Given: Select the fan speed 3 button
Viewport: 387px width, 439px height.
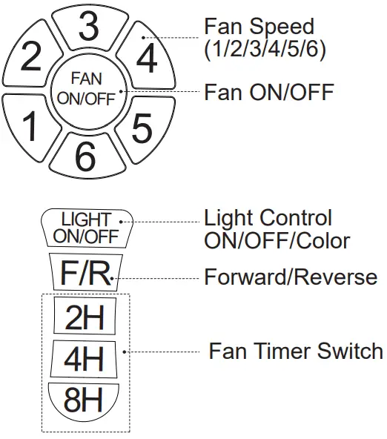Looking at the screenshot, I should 88,27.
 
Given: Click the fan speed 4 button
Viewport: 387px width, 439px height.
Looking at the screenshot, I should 147,57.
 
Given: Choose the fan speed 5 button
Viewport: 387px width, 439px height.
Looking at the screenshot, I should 142,128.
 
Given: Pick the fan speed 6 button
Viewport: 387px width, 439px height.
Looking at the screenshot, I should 86,155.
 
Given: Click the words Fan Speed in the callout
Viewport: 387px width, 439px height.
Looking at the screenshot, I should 259,27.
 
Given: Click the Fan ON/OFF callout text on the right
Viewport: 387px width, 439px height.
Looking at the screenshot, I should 268,92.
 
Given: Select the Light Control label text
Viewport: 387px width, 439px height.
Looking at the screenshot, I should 268,218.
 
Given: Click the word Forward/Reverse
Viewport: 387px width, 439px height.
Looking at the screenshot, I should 291,277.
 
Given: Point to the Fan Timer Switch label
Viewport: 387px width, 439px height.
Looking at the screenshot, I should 295,351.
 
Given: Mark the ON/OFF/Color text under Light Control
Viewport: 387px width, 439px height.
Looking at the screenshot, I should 277,240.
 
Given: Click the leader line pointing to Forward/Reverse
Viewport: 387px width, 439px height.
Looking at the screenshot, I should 156,278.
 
